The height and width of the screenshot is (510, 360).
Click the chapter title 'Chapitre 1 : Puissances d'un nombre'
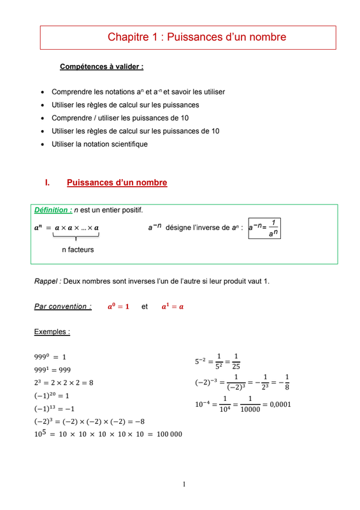coord(196,38)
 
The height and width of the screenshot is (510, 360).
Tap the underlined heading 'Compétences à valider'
coord(101,66)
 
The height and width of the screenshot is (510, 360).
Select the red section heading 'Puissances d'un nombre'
coord(117,183)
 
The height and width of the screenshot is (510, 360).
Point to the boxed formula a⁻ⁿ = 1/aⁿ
coord(264,228)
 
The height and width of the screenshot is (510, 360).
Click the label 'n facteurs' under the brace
coord(78,250)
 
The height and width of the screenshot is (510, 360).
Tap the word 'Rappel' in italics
coord(47,281)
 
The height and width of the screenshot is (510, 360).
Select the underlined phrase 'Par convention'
coord(62,307)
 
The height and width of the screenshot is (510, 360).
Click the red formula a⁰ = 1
coord(119,307)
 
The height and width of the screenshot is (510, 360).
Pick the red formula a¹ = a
coord(172,307)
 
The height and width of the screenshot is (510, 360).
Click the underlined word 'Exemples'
coord(52,332)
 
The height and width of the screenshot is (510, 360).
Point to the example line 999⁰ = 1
coord(50,357)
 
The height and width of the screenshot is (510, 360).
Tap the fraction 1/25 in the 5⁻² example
coord(236,361)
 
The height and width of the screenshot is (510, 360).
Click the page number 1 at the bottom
coord(184,484)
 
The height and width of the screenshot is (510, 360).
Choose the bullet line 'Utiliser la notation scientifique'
coord(99,144)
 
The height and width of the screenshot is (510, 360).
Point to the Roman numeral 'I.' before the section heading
coord(47,183)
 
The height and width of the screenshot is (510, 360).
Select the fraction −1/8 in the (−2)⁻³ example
coord(285,382)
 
